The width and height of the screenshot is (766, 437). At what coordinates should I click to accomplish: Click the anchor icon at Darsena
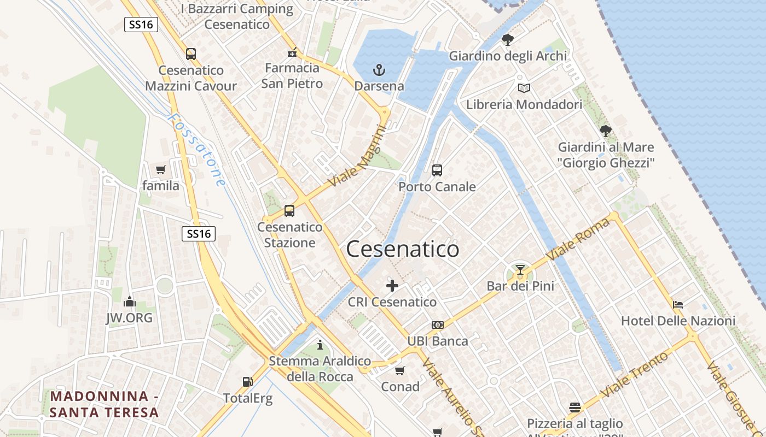click(x=379, y=70)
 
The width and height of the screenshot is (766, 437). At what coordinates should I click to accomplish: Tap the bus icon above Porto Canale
click(x=437, y=170)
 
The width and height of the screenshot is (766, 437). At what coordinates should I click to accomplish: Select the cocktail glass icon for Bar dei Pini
click(x=520, y=270)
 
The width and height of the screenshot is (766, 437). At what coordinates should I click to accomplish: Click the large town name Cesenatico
click(x=403, y=249)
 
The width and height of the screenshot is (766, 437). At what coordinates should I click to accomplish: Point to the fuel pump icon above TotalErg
click(x=247, y=382)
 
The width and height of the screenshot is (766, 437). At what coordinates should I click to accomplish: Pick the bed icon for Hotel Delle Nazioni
click(x=678, y=305)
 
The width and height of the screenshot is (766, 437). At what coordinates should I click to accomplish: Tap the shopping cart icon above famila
click(x=160, y=169)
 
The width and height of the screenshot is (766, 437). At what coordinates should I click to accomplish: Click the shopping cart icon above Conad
click(x=400, y=370)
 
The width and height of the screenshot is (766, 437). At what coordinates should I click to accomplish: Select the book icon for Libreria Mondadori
click(x=524, y=88)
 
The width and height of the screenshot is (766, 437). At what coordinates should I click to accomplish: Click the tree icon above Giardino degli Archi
click(x=508, y=39)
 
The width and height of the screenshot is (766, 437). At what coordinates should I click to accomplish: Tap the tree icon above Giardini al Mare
click(x=605, y=131)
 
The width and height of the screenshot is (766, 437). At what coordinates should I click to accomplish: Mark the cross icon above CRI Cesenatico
click(x=392, y=286)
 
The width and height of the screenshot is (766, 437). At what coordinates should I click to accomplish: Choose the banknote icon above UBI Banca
click(x=437, y=325)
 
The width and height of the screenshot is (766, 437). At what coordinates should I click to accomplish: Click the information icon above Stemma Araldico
click(x=320, y=345)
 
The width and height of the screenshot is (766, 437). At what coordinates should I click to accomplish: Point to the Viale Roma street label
click(x=578, y=239)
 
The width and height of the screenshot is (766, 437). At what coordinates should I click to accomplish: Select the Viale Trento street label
click(x=634, y=375)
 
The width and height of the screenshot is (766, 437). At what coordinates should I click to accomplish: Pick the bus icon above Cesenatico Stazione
click(x=289, y=211)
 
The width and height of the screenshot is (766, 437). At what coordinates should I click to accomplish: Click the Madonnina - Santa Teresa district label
click(x=104, y=404)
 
